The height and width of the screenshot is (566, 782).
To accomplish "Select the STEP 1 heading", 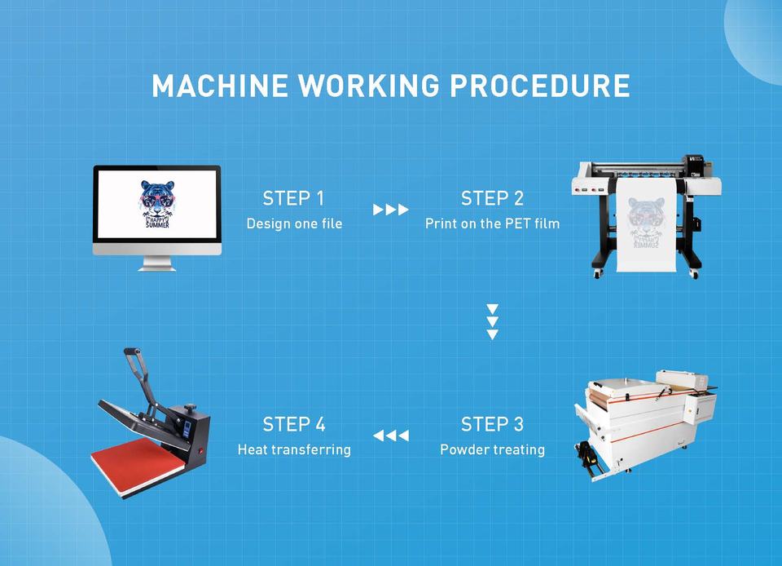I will coord(293,198).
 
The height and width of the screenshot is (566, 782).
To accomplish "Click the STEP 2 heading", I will coord(492,198).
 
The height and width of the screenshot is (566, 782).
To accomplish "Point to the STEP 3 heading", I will coord(492,424).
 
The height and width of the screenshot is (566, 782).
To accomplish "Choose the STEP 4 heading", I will coord(293,424).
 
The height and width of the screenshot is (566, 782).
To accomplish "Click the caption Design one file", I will coord(294,223).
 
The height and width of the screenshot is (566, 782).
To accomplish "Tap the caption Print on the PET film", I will coord(492,223).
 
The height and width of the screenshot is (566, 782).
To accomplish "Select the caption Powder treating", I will coord(492,449).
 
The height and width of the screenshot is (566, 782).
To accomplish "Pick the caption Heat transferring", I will coord(294,449).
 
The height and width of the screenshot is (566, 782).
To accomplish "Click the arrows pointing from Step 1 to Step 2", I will coord(391,210).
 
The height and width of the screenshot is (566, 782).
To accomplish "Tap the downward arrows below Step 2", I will coord(492,321).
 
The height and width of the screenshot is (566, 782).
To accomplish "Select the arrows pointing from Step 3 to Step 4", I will coord(391,436).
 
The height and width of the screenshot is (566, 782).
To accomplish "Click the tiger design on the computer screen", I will coord(156,203).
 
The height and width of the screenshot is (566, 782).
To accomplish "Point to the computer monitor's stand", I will coord(156,263).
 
